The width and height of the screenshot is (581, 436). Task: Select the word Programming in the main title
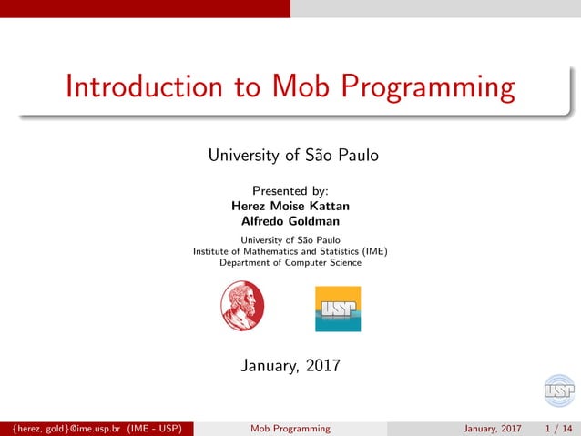tap(428, 88)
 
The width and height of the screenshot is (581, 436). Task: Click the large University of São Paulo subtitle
tap(290, 156)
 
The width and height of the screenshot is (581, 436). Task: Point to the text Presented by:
tap(290, 191)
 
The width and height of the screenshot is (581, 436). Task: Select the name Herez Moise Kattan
tap(290, 206)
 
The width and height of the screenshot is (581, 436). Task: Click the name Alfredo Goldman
tap(290, 220)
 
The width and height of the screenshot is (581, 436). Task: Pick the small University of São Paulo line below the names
tap(290, 239)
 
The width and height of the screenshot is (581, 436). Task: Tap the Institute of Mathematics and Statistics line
tap(290, 251)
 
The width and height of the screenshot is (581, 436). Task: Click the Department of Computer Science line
tap(290, 263)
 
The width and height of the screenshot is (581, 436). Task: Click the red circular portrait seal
tap(242, 305)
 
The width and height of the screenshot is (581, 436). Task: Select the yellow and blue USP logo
tap(338, 309)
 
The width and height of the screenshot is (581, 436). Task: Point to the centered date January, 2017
tap(290, 366)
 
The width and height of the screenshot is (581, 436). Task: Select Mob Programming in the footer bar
tap(290, 429)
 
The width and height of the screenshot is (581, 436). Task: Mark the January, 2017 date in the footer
tap(492, 429)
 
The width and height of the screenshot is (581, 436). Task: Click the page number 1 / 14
tap(558, 429)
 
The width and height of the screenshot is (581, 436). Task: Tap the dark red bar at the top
tap(145, 8)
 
